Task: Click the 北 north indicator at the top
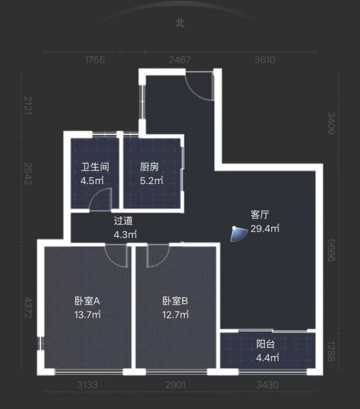click(180, 22)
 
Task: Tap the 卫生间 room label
click(95, 167)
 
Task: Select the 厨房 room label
click(149, 167)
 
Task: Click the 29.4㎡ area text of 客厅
click(265, 228)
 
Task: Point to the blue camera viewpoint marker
click(239, 234)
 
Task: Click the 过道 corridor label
click(123, 221)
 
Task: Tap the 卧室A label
click(87, 301)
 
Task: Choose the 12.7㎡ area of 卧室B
click(175, 315)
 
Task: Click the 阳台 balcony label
click(265, 344)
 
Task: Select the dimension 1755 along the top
click(95, 60)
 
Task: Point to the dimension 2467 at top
click(180, 60)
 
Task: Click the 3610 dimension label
click(265, 60)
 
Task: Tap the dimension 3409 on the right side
click(331, 123)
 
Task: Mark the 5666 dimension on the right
click(331, 250)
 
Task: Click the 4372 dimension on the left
click(28, 308)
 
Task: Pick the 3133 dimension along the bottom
click(87, 384)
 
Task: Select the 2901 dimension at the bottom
click(175, 384)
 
